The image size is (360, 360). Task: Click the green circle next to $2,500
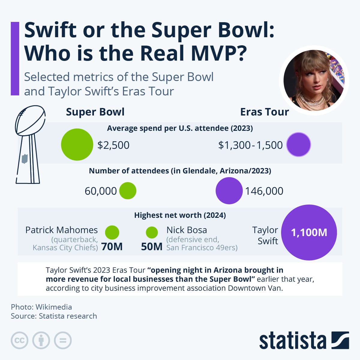tap(77, 145)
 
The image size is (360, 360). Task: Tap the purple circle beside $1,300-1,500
tap(298, 145)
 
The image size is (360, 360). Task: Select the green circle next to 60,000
tap(128, 191)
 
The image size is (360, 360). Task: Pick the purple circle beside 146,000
tap(229, 191)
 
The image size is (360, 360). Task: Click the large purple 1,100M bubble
tap(309, 232)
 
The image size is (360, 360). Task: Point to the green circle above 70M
tap(112, 232)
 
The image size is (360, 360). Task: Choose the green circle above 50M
tap(152, 232)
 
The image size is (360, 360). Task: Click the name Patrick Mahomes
tap(61, 230)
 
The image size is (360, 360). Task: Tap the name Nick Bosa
tap(187, 230)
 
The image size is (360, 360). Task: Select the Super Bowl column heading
tap(95, 112)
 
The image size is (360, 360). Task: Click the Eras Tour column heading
tap(264, 112)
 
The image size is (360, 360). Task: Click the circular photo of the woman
tap(314, 80)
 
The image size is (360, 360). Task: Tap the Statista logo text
tap(292, 340)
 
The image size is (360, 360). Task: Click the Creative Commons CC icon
tap(19, 340)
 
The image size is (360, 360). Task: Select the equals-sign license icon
tap(63, 340)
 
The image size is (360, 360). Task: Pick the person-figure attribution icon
tap(41, 340)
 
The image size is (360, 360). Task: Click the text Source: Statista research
tap(54, 316)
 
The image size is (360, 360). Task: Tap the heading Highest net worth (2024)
tap(180, 215)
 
